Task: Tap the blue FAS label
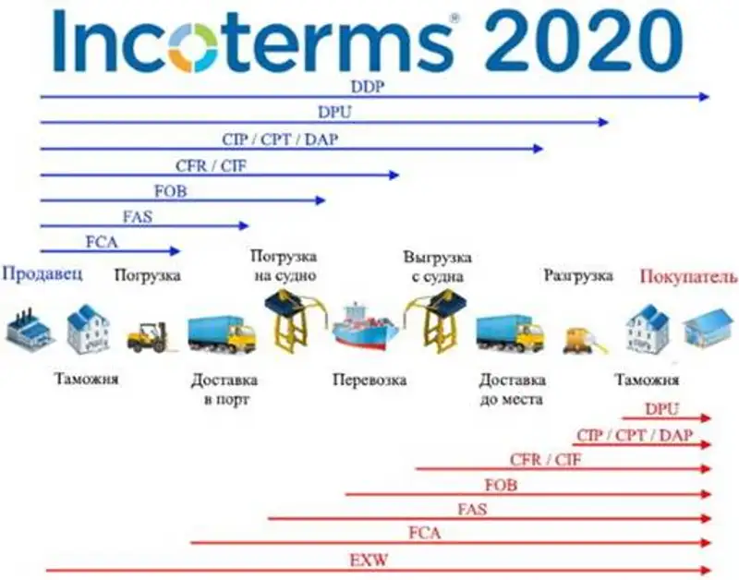tap(138, 217)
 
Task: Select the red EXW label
tap(363, 560)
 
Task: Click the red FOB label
tap(501, 485)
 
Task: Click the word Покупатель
tap(688, 276)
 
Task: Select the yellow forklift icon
tap(147, 336)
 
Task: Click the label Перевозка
tap(369, 380)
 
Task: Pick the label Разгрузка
tap(578, 274)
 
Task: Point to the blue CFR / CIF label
tap(212, 166)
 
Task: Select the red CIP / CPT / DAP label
tap(634, 435)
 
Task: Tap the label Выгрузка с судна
tap(438, 265)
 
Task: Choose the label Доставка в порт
tap(224, 389)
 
